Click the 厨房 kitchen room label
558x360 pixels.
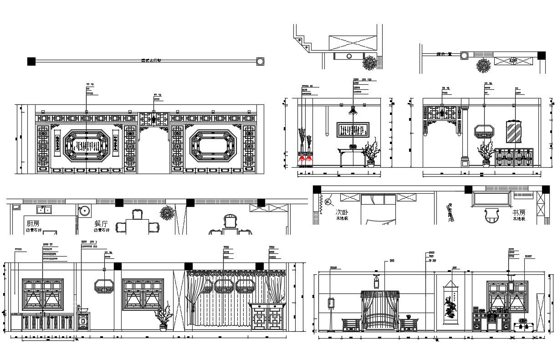[x=33, y=224]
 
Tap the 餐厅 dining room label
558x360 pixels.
[x=101, y=224]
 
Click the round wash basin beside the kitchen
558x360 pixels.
[x=84, y=211]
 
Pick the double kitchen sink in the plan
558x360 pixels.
[x=44, y=210]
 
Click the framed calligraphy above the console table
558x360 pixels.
[x=353, y=130]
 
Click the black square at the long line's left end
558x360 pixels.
[x=31, y=61]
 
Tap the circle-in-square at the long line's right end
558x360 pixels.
[x=260, y=61]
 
